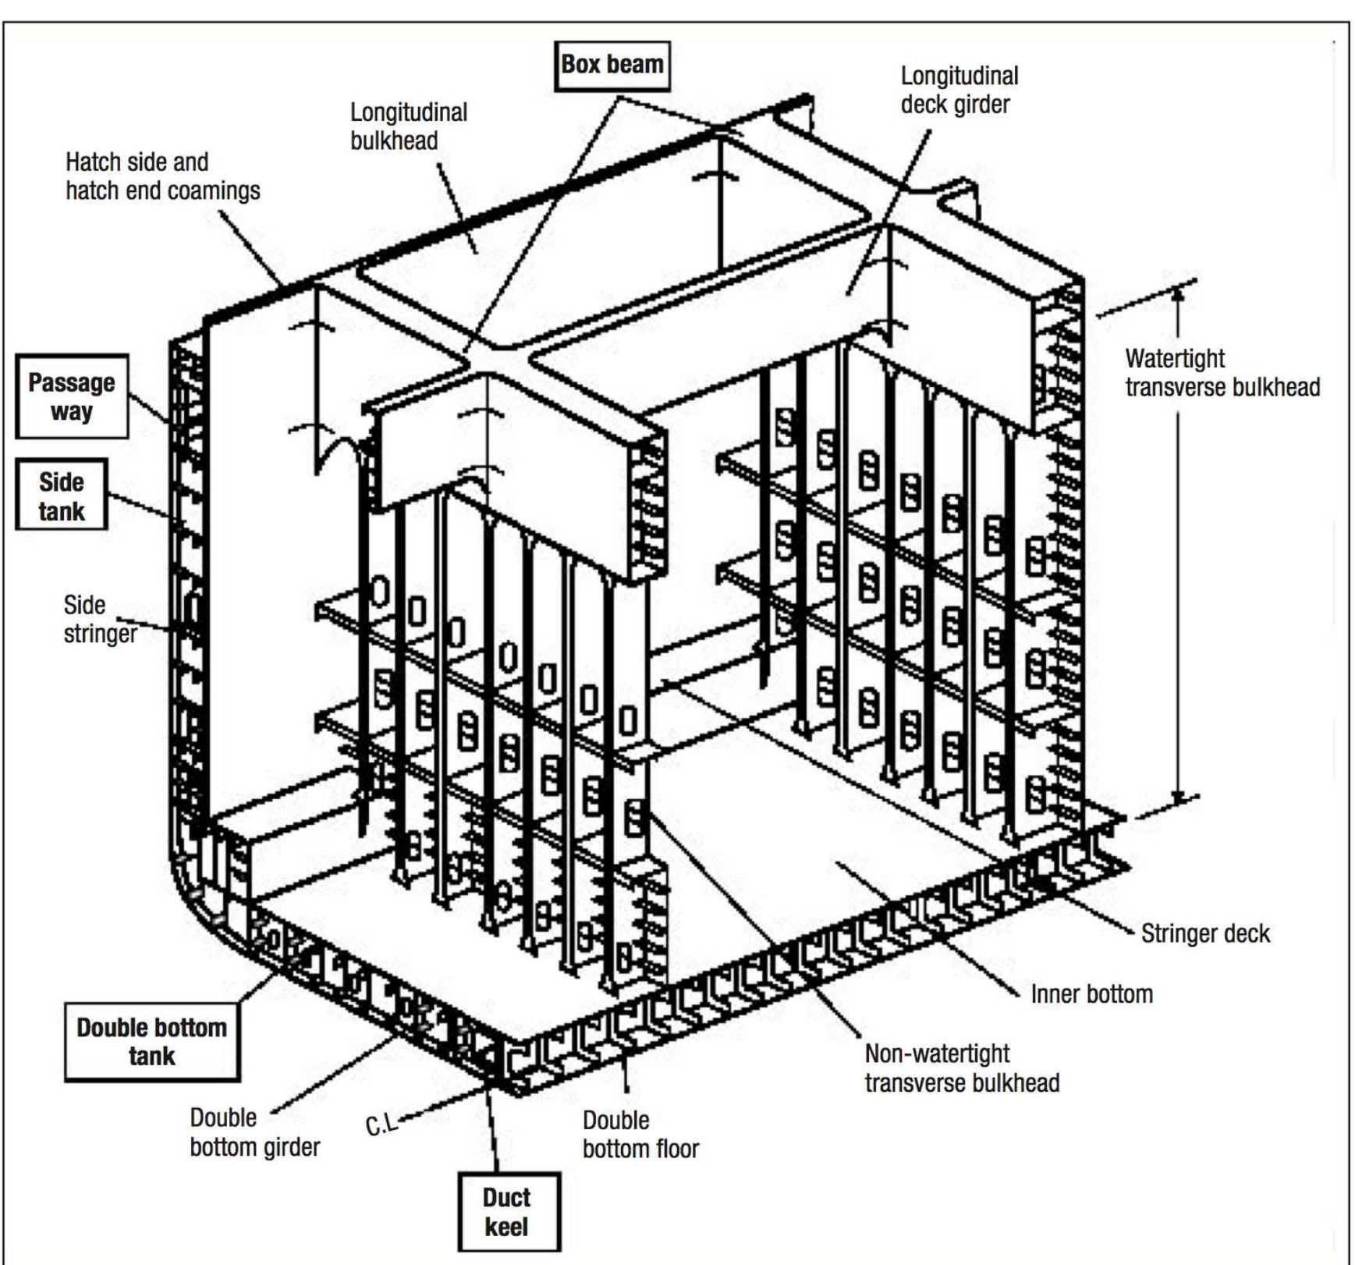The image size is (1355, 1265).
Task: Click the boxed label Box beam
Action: [x=612, y=66]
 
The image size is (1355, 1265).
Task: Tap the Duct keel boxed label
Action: [x=508, y=1212]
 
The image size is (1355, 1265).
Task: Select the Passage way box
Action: [x=72, y=396]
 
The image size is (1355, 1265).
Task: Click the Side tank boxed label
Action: [x=62, y=496]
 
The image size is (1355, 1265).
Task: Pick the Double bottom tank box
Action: [x=151, y=1042]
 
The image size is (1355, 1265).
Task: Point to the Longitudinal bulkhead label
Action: [x=408, y=126]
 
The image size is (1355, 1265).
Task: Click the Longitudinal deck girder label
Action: [x=959, y=90]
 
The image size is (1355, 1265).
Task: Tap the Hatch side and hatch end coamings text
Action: [x=162, y=176]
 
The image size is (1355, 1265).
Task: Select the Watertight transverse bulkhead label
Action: [x=1222, y=372]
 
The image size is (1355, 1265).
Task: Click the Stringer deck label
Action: [x=1204, y=933]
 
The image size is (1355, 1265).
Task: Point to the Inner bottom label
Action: [x=1091, y=994]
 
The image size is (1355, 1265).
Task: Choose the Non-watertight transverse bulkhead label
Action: [x=961, y=1068]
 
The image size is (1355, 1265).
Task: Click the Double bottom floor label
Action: [x=640, y=1134]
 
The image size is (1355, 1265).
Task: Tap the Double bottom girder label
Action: [x=254, y=1132]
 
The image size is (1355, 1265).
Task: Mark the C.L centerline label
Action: [x=381, y=1125]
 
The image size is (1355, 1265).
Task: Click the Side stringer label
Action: [x=99, y=619]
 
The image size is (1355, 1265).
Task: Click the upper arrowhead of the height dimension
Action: [x=1179, y=292]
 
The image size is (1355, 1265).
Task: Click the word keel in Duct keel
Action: [x=506, y=1228]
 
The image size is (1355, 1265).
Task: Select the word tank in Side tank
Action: [x=62, y=511]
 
